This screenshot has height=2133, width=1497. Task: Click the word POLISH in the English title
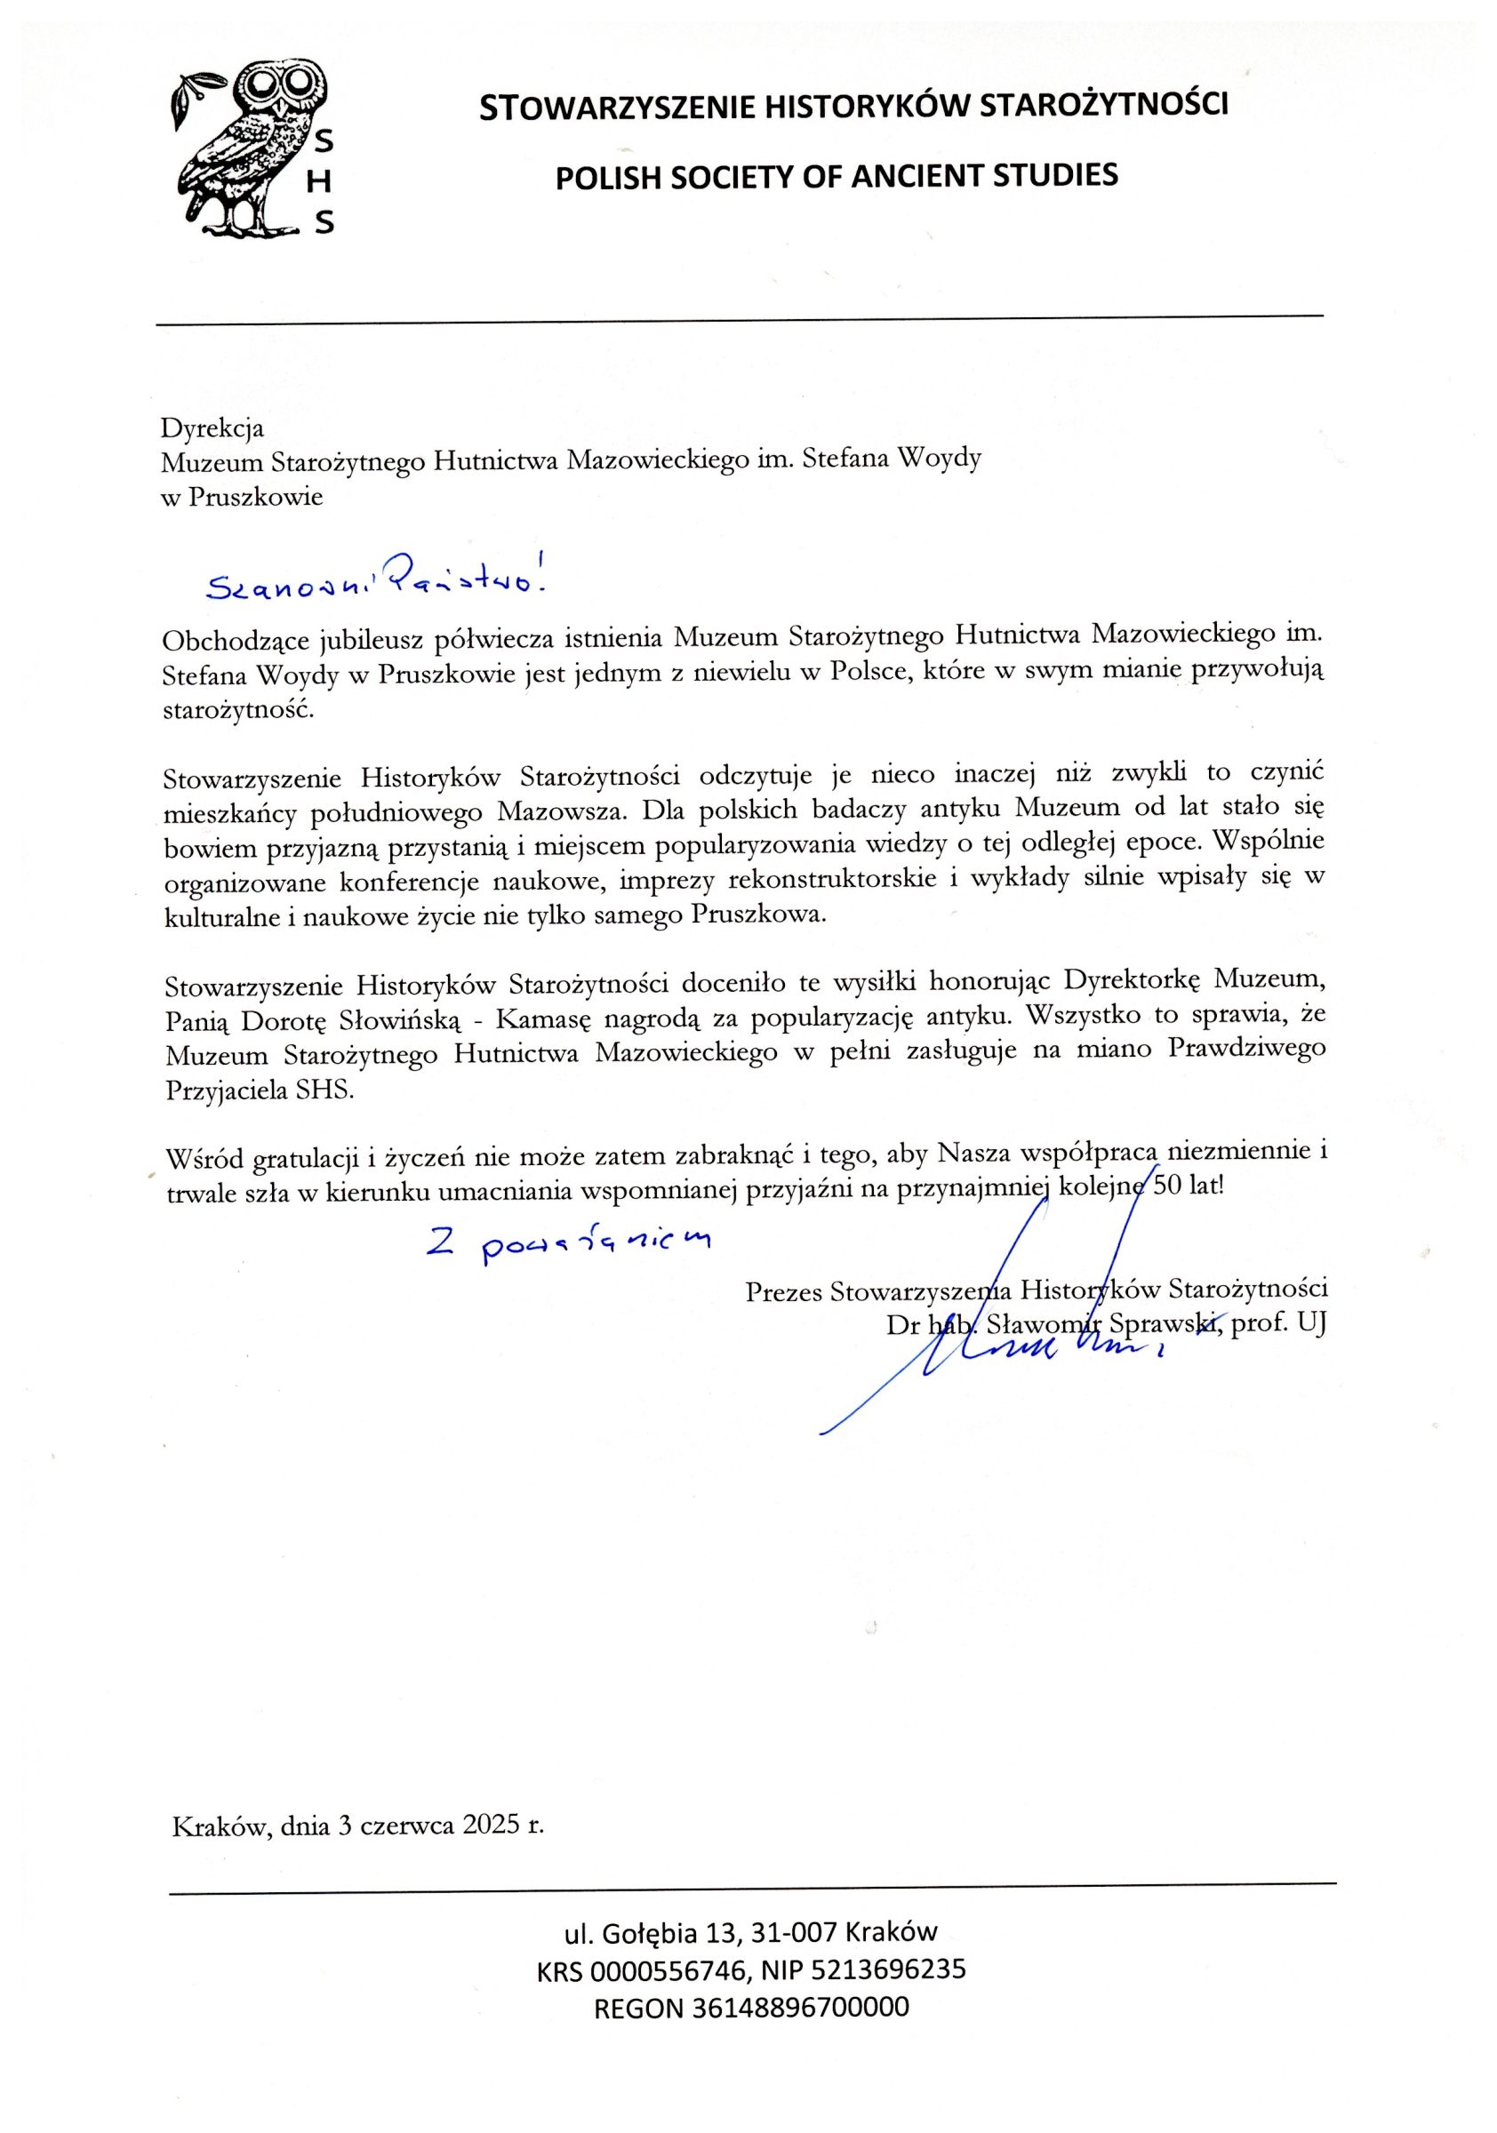(604, 177)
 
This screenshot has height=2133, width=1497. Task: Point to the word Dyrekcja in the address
(212, 427)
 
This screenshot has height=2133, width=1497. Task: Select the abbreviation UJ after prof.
(1311, 1325)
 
